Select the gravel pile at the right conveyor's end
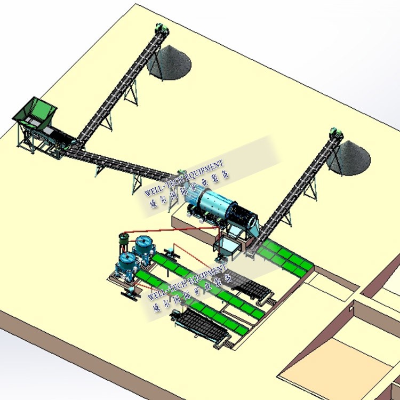point(349,157)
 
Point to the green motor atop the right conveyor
point(335,133)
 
